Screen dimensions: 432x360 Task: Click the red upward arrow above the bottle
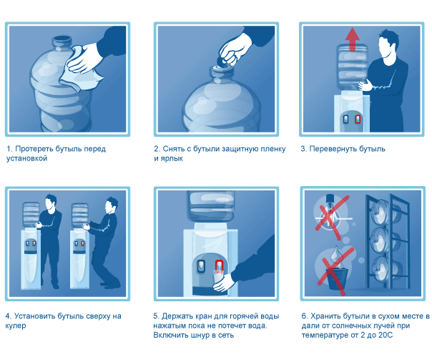pos(353,39)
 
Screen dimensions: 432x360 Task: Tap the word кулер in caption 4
pos(16,326)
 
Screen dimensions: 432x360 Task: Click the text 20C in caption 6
pos(386,335)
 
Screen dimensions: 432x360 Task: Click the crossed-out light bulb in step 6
pos(330,212)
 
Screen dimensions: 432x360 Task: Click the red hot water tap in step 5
pos(220,266)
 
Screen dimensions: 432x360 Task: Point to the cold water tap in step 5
pos(201,266)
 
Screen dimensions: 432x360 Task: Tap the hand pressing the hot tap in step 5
pos(224,282)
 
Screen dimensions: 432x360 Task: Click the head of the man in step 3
pos(388,47)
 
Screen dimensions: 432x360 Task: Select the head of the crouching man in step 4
pos(112,205)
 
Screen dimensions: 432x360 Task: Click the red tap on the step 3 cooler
pos(358,119)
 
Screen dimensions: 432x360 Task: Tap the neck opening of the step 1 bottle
pos(62,39)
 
